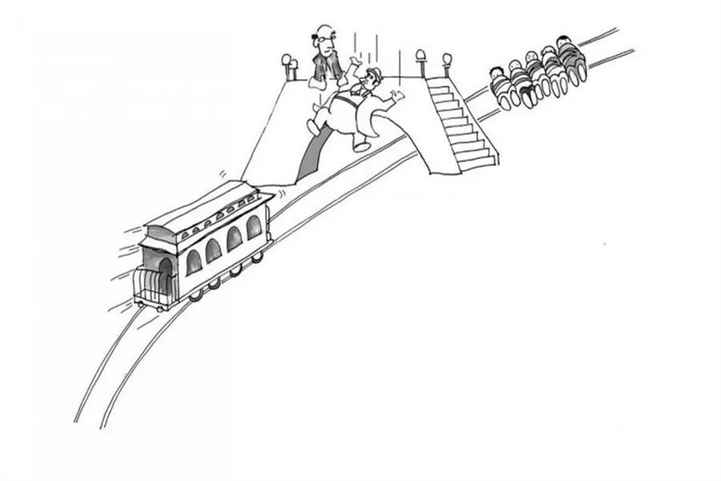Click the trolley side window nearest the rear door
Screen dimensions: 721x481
tap(193, 261)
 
